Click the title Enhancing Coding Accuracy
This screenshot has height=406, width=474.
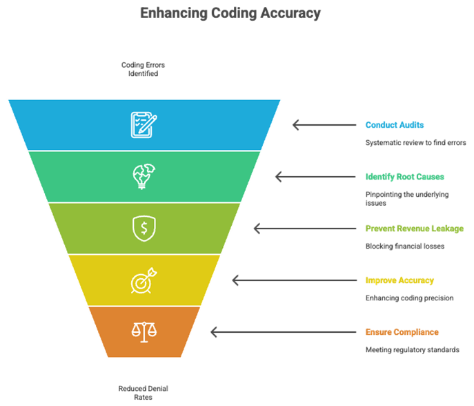pyautogui.click(x=230, y=13)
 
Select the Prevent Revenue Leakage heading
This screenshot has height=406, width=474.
pyautogui.click(x=414, y=229)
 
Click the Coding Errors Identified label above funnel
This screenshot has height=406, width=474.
pyautogui.click(x=144, y=68)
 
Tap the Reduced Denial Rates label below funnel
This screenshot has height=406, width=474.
pyautogui.click(x=144, y=391)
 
